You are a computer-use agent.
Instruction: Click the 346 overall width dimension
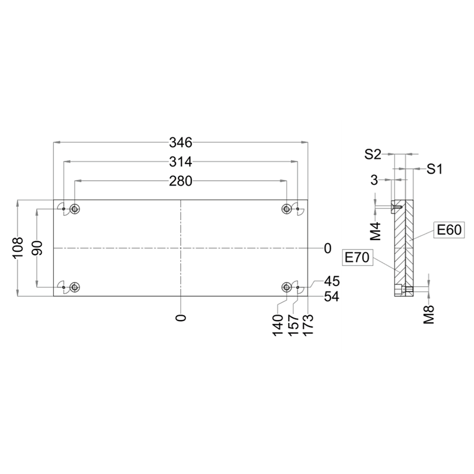click(x=181, y=142)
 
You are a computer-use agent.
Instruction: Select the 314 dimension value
click(x=181, y=162)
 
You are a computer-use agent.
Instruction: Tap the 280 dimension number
click(x=181, y=181)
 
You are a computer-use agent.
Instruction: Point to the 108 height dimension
click(x=18, y=248)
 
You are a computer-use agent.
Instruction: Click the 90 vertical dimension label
click(x=37, y=248)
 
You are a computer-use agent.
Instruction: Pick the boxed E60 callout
click(x=449, y=230)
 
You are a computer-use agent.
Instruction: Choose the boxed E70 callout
click(x=357, y=258)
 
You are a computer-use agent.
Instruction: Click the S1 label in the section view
click(x=434, y=169)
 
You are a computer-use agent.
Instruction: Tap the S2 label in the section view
click(x=373, y=155)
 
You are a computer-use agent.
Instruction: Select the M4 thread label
click(x=376, y=231)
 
